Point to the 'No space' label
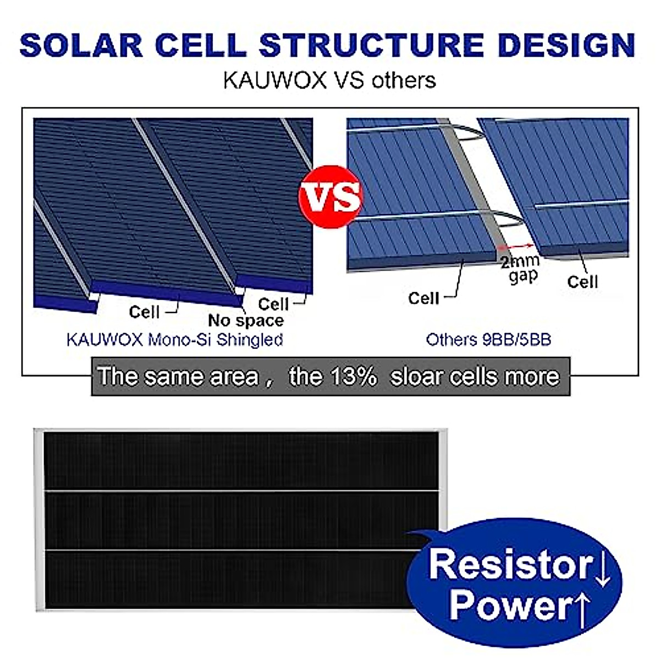pyautogui.click(x=246, y=321)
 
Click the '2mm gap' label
pyautogui.click(x=520, y=268)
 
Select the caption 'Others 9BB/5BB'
pyautogui.click(x=488, y=339)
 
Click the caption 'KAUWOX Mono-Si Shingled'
pyautogui.click(x=174, y=339)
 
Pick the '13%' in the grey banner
pyautogui.click(x=353, y=377)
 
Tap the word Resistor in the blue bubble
pyautogui.click(x=510, y=564)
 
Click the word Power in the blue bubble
pyautogui.click(x=510, y=605)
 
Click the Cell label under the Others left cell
pyautogui.click(x=424, y=298)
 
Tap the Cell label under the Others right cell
pyautogui.click(x=582, y=282)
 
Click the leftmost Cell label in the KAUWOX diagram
pyautogui.click(x=144, y=312)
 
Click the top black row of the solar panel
pyautogui.click(x=242, y=461)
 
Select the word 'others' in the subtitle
pyautogui.click(x=403, y=80)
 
